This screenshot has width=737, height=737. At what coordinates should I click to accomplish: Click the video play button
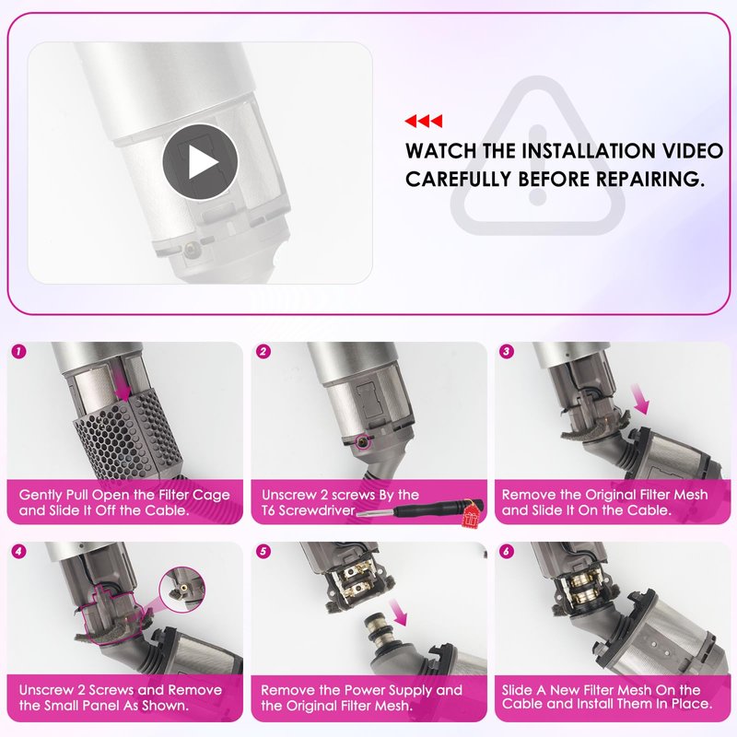point(200,162)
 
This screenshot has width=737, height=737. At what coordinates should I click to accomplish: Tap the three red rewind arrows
point(423,121)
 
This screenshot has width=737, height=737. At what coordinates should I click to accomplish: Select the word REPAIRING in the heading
point(650,179)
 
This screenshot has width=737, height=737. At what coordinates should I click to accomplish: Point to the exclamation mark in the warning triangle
point(537,166)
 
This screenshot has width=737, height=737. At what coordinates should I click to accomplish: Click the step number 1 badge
point(18,352)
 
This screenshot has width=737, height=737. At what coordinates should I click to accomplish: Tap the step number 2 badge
point(263,352)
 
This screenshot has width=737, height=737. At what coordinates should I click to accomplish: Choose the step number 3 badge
point(506,352)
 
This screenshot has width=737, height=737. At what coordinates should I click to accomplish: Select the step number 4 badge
point(18,551)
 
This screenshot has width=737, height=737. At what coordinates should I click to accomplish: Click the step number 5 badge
point(263,551)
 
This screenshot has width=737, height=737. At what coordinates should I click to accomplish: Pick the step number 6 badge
point(506,551)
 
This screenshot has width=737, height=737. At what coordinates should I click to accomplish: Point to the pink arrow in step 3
point(640,400)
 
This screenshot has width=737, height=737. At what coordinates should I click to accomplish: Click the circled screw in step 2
point(361,442)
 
